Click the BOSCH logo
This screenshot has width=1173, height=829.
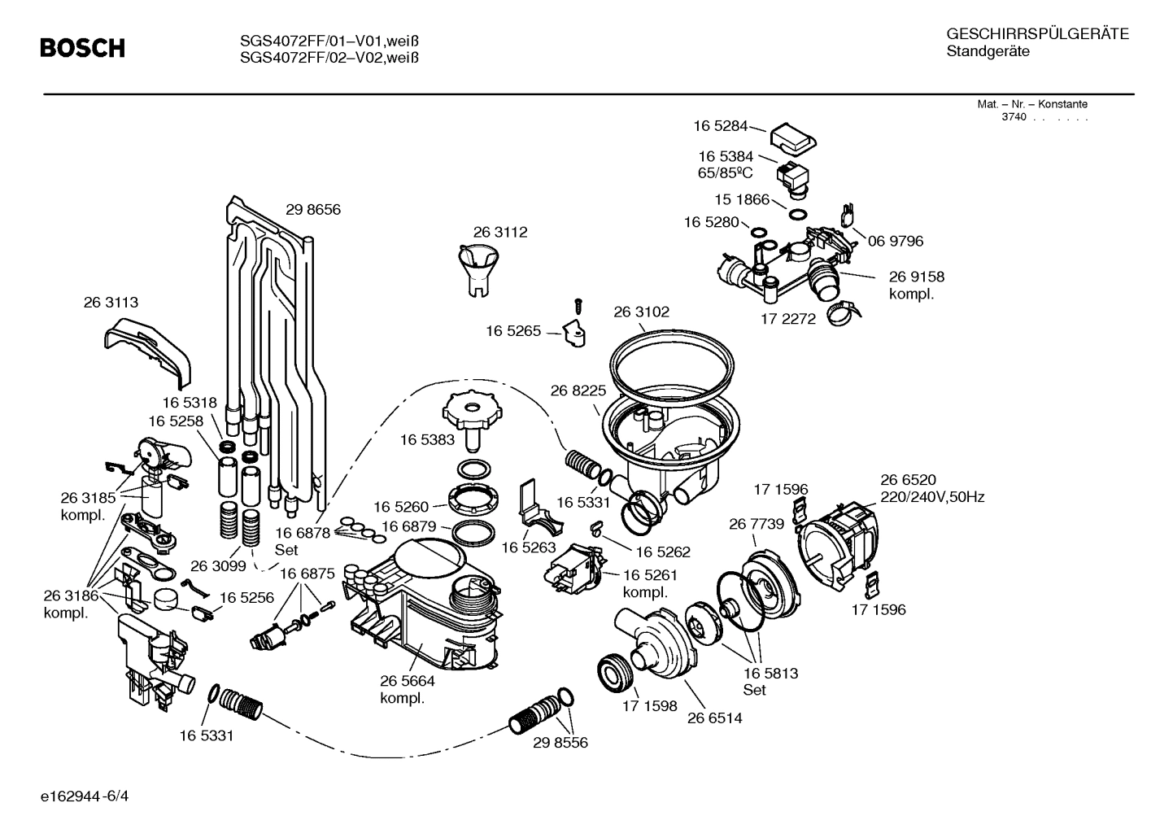coord(83,49)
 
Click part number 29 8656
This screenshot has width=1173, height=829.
coord(312,210)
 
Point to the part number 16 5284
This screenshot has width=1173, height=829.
coord(720,126)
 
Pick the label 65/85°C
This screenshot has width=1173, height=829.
coord(726,172)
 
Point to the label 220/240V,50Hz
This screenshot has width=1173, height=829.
coord(932,497)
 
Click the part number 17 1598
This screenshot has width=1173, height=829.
coord(649,706)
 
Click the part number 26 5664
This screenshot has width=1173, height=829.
coord(407,681)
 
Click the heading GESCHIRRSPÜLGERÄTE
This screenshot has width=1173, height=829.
coord(1037,34)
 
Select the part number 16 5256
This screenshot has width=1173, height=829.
coord(246,597)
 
